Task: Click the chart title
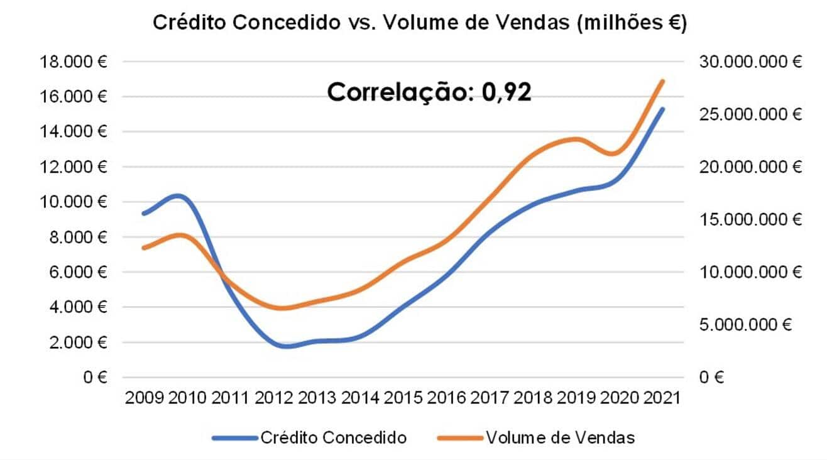[x=420, y=23]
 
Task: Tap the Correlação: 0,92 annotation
[x=430, y=92]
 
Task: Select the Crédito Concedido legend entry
[x=333, y=437]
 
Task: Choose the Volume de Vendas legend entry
[x=559, y=437]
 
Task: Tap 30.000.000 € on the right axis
[x=748, y=62]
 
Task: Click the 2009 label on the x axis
[x=145, y=398]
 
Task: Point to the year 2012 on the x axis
[x=274, y=398]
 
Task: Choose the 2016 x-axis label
[x=447, y=398]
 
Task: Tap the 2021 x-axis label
[x=662, y=398]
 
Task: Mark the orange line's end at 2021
[x=663, y=81]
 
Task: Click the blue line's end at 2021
[x=663, y=109]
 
